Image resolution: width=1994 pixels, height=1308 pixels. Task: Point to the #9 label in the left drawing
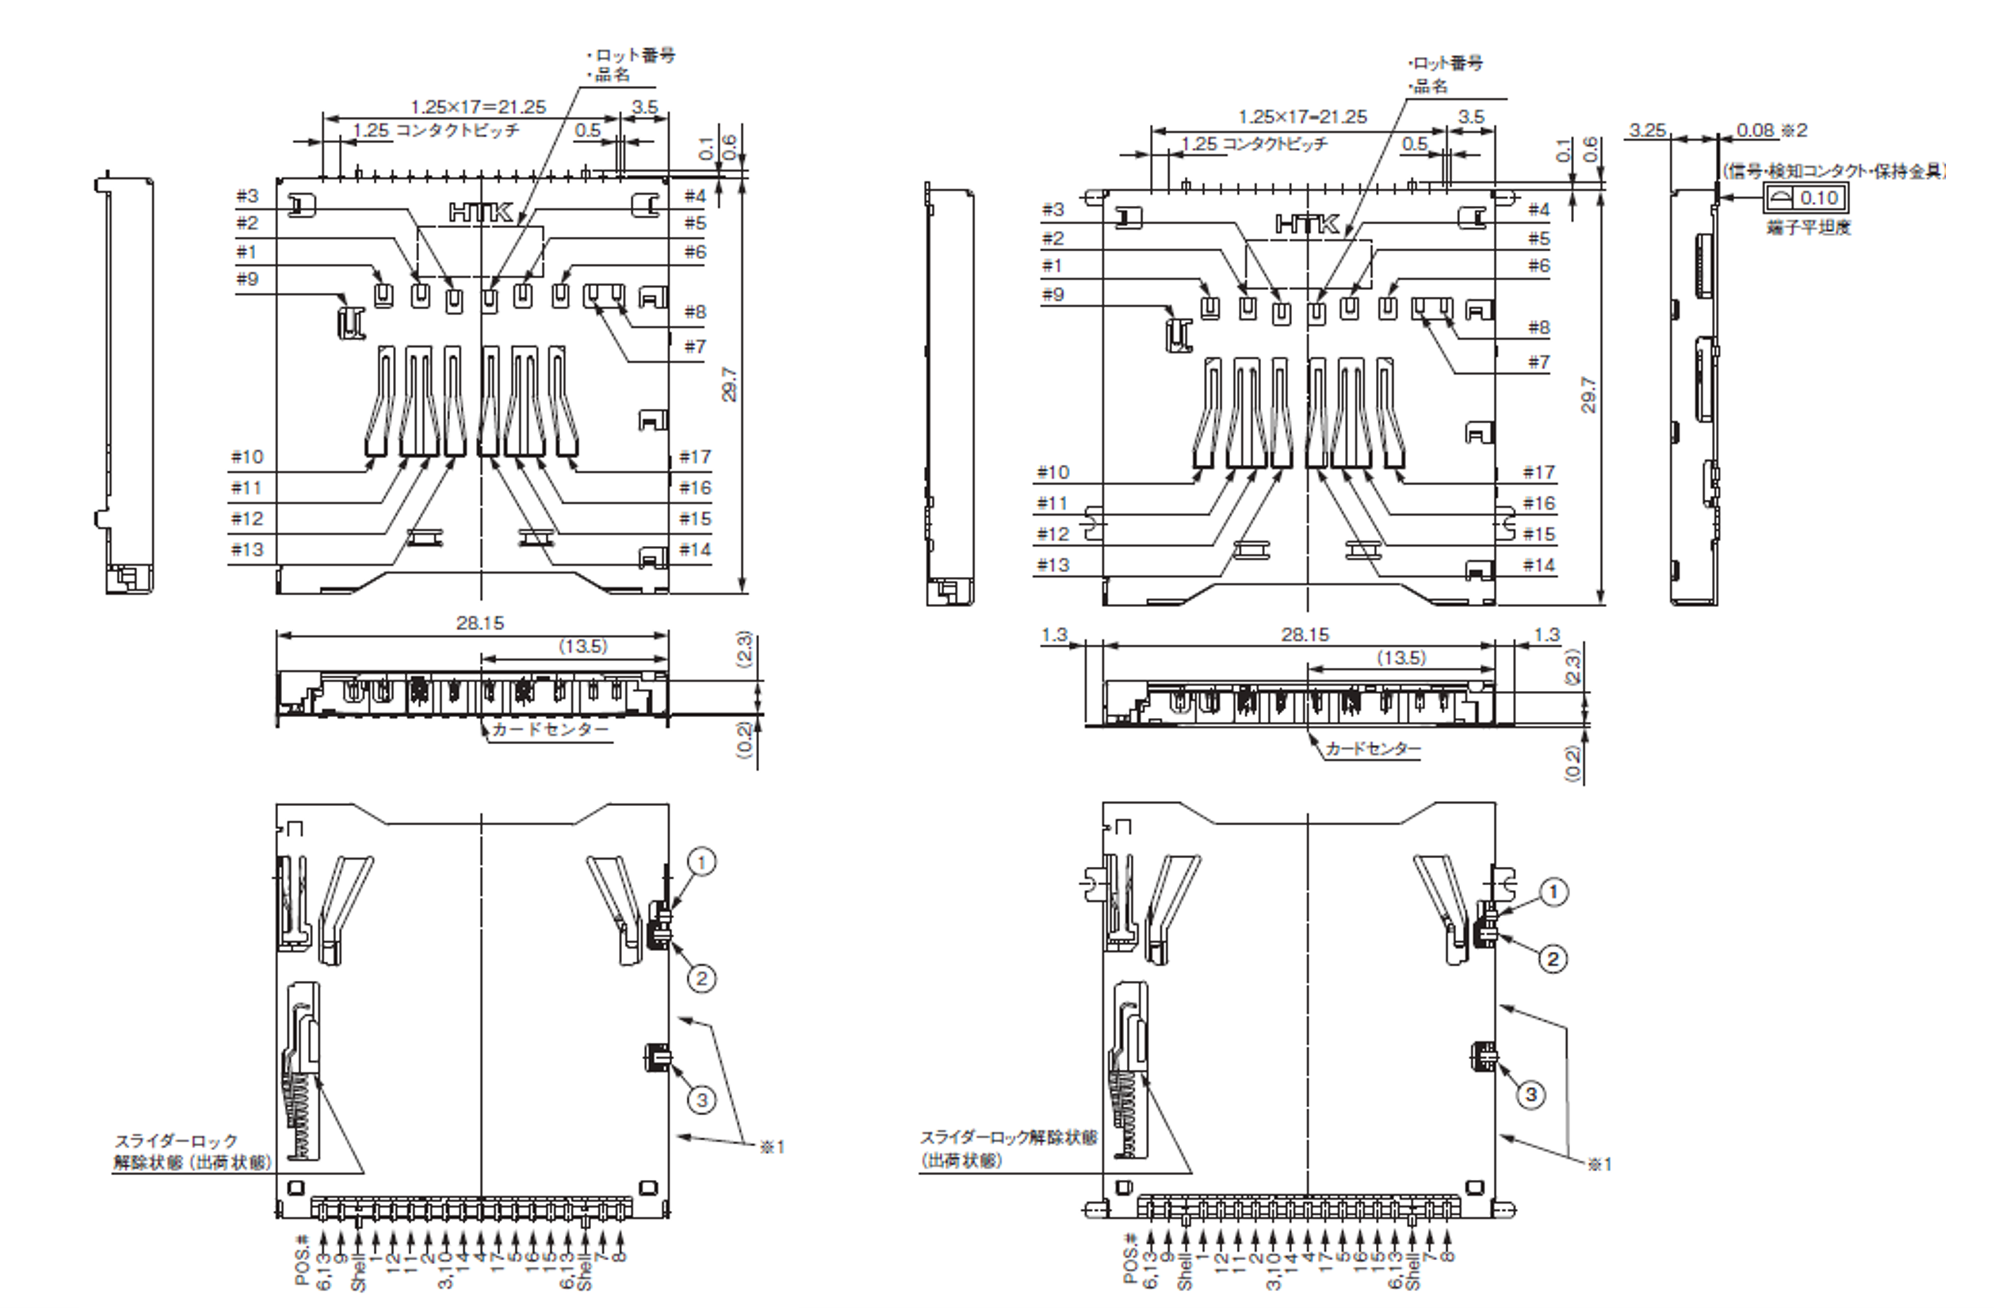point(247,278)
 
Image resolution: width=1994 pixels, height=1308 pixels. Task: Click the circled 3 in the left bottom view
point(702,1099)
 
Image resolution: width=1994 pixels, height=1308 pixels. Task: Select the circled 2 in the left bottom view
point(701,978)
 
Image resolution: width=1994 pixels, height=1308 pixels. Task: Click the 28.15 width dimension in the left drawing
point(480,623)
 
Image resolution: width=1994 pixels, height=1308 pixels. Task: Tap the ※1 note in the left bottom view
point(772,1146)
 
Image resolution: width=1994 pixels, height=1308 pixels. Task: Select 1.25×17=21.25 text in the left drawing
point(478,107)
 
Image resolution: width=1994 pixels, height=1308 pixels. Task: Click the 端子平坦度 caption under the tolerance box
point(1808,227)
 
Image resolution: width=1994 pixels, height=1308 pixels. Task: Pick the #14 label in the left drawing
point(695,550)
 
